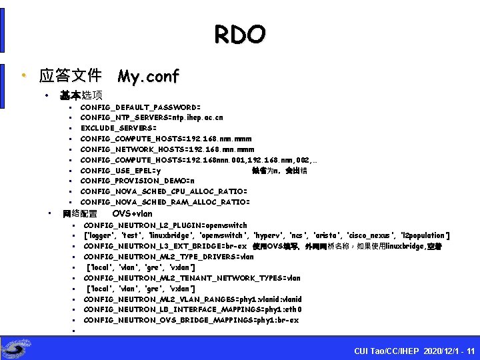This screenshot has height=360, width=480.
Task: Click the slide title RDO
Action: point(240,34)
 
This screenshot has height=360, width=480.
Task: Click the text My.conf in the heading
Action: point(148,77)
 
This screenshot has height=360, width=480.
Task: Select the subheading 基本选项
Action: point(81,95)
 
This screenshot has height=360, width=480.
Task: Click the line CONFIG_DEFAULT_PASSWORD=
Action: point(140,107)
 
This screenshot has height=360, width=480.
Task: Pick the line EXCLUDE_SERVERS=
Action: point(119,128)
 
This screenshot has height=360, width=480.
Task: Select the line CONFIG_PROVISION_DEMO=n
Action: point(137,181)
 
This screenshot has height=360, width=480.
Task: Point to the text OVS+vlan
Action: point(132,214)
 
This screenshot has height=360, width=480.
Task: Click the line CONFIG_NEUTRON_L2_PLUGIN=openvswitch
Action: point(165,225)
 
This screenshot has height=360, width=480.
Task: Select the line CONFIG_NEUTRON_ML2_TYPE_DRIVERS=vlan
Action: point(169,257)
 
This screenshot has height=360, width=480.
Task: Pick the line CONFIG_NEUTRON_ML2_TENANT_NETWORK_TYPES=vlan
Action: point(192,278)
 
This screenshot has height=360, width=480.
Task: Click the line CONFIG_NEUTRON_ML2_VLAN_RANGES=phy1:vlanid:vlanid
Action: point(193,299)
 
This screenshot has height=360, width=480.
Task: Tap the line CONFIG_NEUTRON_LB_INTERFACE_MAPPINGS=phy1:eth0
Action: point(193,309)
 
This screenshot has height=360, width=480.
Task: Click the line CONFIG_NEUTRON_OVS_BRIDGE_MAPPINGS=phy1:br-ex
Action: point(191,320)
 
